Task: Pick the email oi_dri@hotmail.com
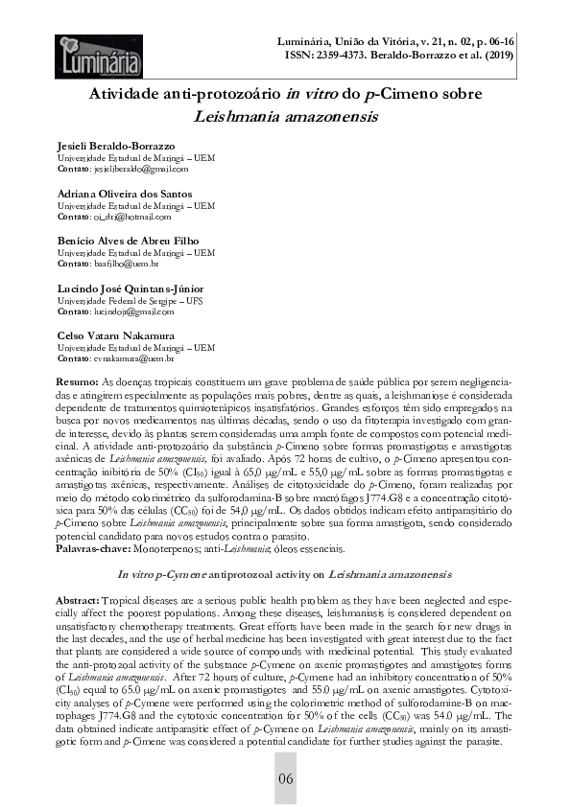(115, 217)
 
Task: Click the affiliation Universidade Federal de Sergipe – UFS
(135, 300)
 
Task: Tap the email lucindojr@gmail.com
(119, 311)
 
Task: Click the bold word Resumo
(77, 382)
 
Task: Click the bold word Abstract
(81, 598)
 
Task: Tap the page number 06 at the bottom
(285, 777)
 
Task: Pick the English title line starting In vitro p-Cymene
(285, 574)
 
